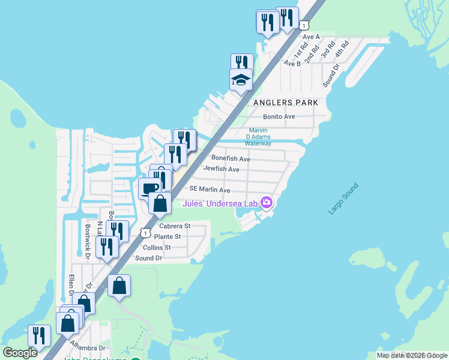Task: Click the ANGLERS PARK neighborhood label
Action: [286, 103]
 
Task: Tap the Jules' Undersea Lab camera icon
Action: [267, 204]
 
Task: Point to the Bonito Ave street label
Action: [279, 116]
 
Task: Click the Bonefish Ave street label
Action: [231, 159]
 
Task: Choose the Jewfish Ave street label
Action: [221, 170]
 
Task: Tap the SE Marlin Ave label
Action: [210, 190]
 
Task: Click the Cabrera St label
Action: [175, 226]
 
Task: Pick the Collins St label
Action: [157, 247]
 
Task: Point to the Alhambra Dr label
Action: [87, 347]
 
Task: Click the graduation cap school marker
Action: [241, 79]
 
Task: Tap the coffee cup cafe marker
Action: [149, 188]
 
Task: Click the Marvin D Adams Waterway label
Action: [259, 137]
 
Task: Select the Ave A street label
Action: [311, 37]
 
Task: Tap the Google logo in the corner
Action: [20, 353]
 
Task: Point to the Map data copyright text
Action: [412, 355]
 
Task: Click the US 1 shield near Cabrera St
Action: [145, 232]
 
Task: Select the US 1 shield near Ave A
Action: [304, 25]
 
